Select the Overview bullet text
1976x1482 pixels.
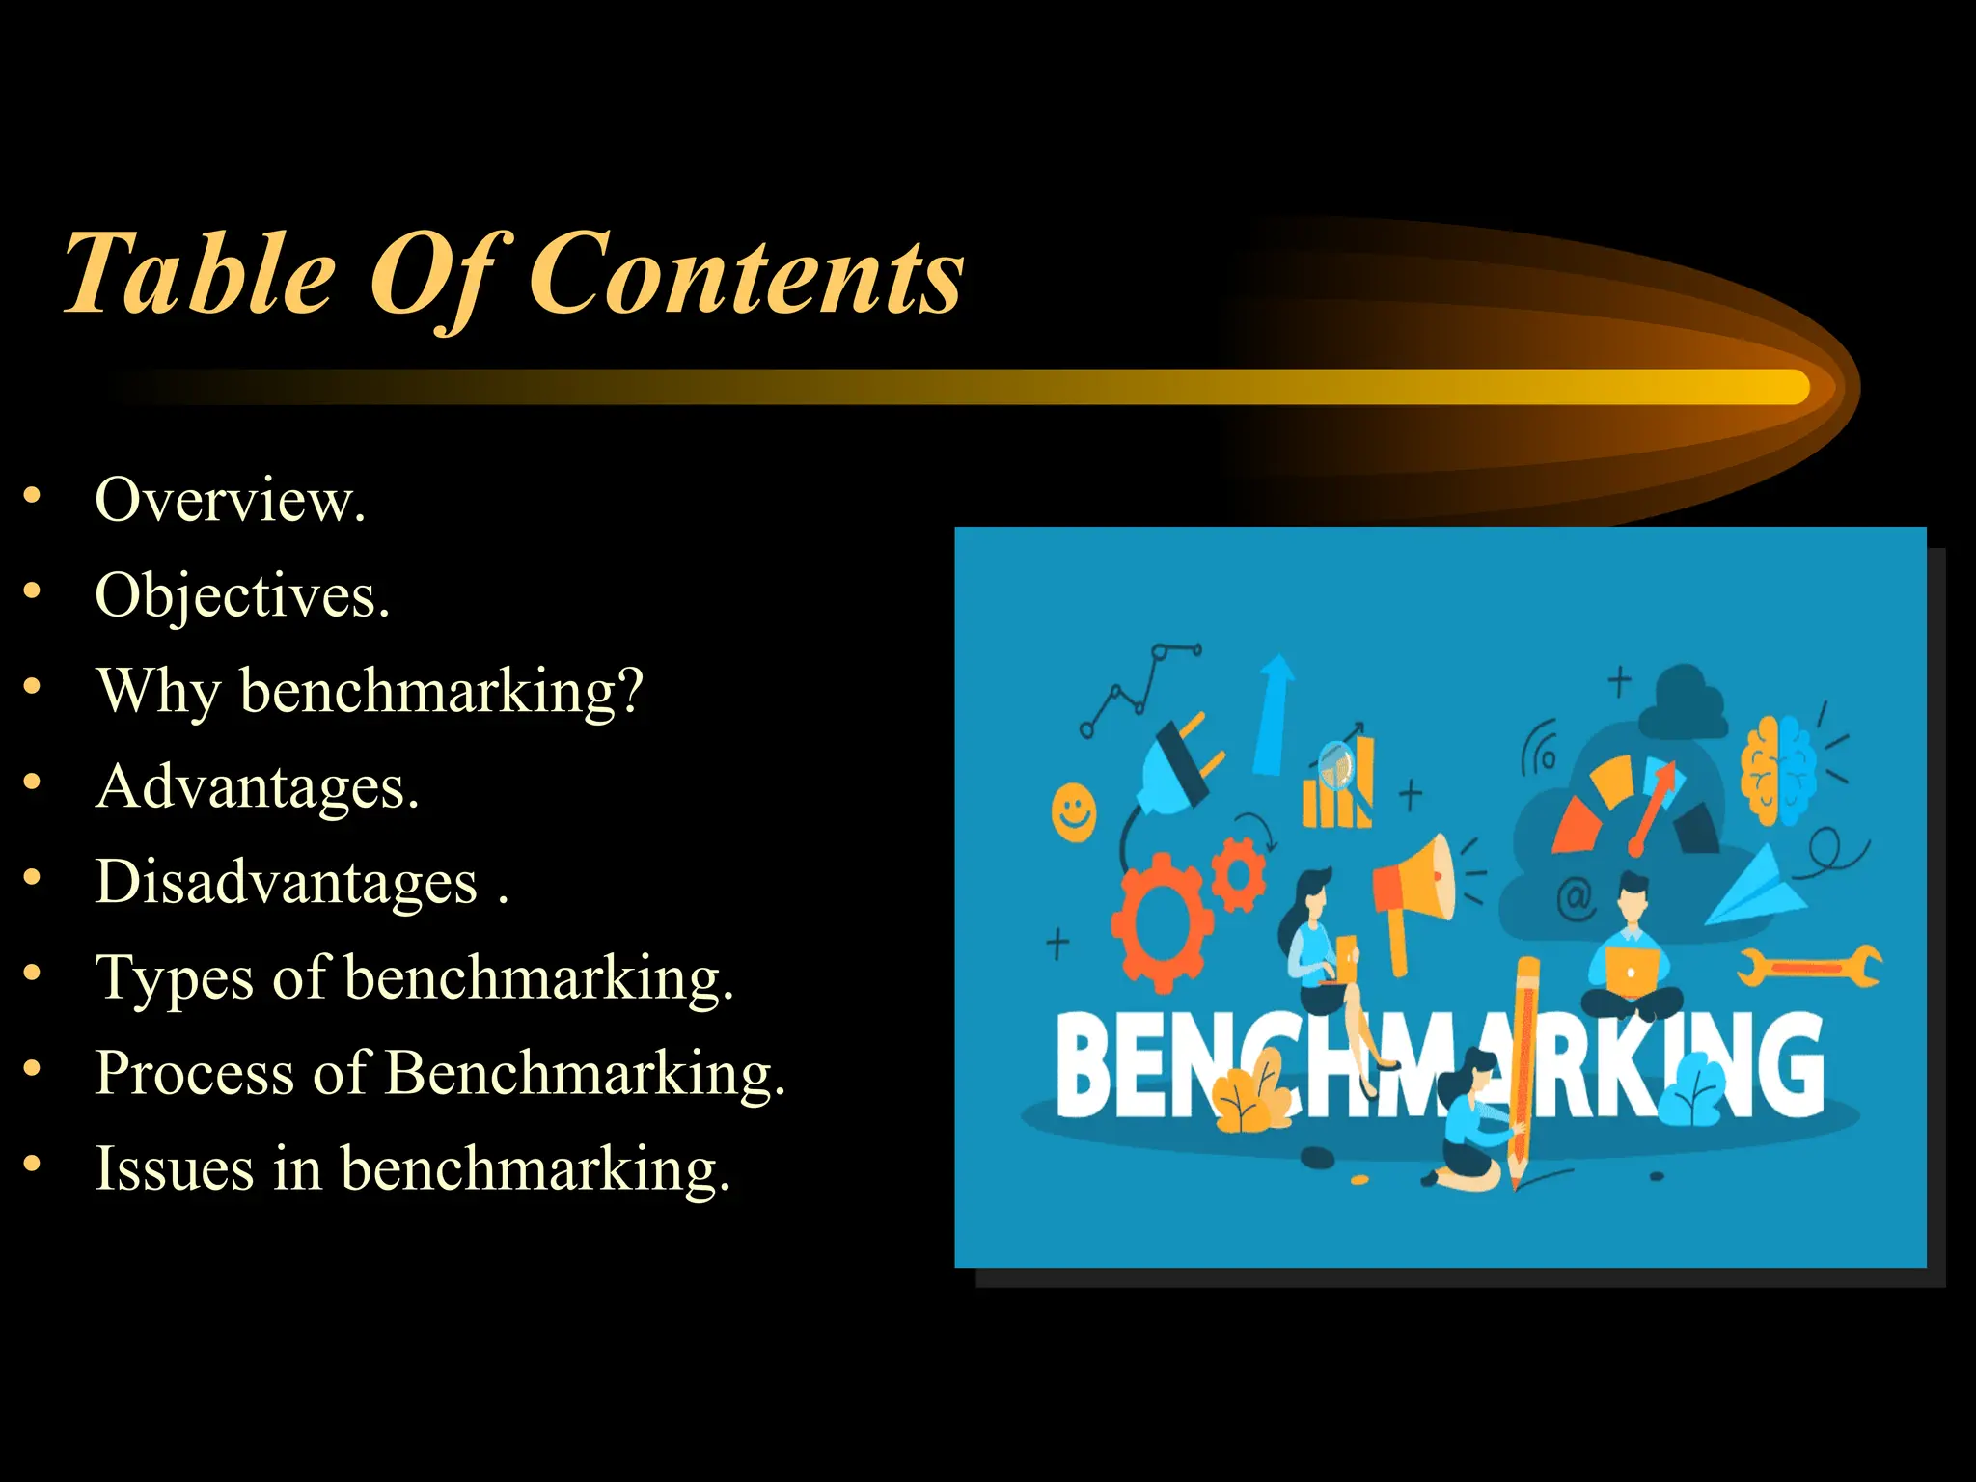230,500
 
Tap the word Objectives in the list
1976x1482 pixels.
241,595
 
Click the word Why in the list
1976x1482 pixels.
158,691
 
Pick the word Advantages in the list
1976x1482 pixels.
257,786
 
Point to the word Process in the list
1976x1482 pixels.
193,1073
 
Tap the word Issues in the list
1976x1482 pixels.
173,1168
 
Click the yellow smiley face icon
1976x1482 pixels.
1074,811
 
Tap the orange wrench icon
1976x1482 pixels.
1808,967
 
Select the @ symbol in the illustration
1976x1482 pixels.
1574,898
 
